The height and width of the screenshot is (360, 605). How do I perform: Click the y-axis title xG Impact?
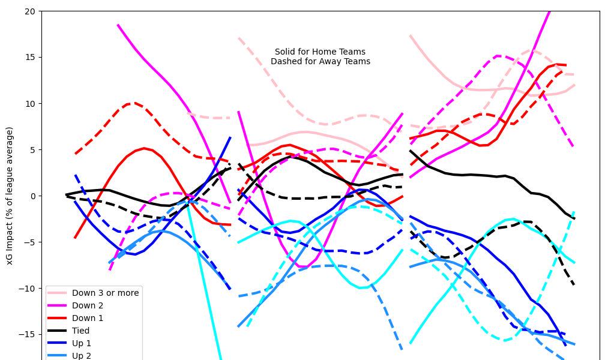point(10,196)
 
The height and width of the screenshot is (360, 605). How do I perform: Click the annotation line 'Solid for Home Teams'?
point(320,52)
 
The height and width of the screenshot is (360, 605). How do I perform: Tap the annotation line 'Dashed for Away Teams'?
point(320,61)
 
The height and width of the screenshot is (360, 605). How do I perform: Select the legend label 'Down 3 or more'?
point(105,293)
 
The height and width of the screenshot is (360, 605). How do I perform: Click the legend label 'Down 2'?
point(88,305)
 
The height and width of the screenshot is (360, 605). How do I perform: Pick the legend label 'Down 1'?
point(88,318)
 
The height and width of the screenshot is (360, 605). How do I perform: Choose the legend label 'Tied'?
point(80,331)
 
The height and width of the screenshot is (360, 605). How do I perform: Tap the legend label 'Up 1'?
point(83,343)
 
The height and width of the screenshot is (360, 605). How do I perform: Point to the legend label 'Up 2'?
point(83,356)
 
